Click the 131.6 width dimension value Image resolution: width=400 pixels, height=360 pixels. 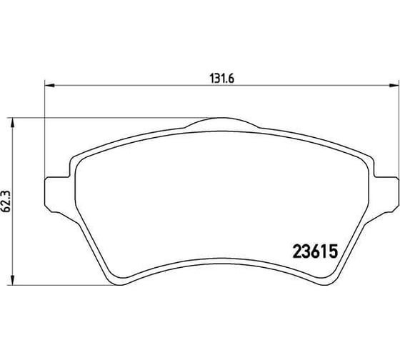tap(221, 79)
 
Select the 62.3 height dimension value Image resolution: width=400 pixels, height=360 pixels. tap(6, 201)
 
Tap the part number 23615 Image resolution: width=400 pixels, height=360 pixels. tap(315, 251)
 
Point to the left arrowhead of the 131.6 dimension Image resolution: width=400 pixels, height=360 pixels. tap(49, 86)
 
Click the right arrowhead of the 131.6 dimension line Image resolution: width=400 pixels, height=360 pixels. tap(394, 86)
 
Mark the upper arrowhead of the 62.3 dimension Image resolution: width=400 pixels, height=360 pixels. tap(12, 123)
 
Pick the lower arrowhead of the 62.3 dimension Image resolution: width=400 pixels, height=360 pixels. tap(12, 280)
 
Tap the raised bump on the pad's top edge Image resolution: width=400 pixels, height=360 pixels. tap(222, 122)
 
